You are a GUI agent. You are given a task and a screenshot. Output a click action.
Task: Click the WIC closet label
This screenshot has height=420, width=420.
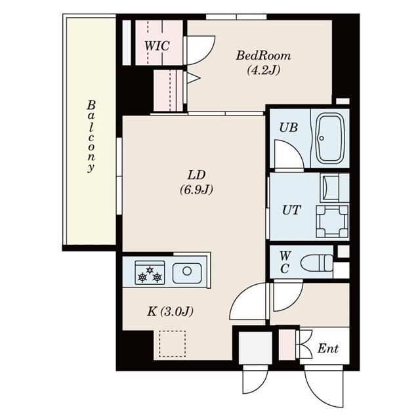point(157,46)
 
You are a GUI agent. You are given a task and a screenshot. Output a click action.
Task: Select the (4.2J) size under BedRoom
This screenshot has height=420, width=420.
point(263,70)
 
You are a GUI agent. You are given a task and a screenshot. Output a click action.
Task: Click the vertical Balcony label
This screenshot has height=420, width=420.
point(91,136)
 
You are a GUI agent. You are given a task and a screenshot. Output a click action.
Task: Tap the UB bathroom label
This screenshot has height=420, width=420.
point(287,127)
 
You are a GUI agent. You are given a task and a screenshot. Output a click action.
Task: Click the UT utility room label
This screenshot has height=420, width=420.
point(291,210)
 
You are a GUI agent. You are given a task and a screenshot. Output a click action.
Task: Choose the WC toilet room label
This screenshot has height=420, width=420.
point(285,262)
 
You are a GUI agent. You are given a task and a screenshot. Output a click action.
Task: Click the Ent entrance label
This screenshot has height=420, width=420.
point(327,349)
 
